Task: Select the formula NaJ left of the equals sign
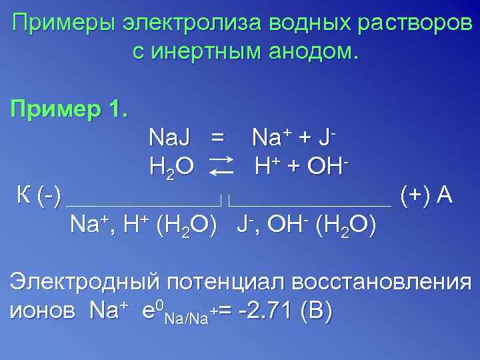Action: [x=169, y=137]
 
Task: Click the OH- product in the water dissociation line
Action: [x=329, y=165]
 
